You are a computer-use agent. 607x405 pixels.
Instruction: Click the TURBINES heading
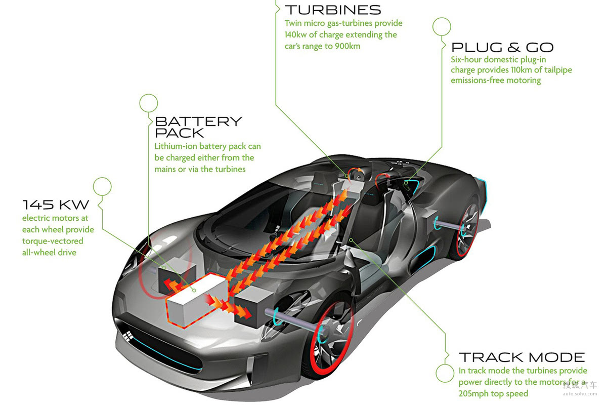332,10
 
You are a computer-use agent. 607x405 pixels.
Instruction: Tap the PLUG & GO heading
502,48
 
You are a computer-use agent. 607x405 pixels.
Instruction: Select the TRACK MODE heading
522,357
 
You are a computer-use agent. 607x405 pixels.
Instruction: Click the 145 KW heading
56,205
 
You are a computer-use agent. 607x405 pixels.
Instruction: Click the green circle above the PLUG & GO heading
442,26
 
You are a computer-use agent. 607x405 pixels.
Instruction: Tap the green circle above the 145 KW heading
102,186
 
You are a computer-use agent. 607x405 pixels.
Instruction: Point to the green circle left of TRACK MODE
444,374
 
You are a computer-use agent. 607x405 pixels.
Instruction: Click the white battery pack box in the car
192,301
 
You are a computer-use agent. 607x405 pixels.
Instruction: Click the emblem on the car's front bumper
126,336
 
